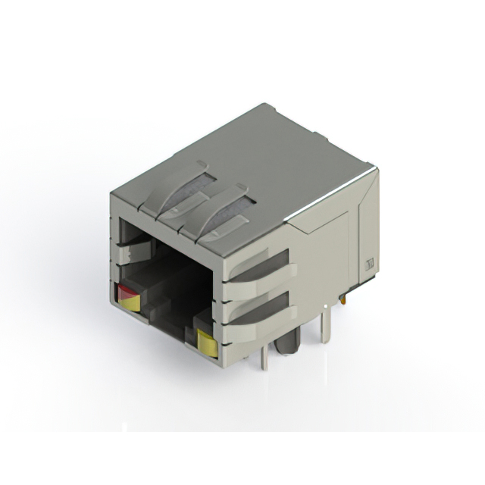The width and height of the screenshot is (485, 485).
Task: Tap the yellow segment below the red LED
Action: tap(130, 303)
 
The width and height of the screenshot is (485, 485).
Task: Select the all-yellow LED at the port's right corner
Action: tap(205, 343)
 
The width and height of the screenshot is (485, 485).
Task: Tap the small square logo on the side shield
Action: tap(371, 264)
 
